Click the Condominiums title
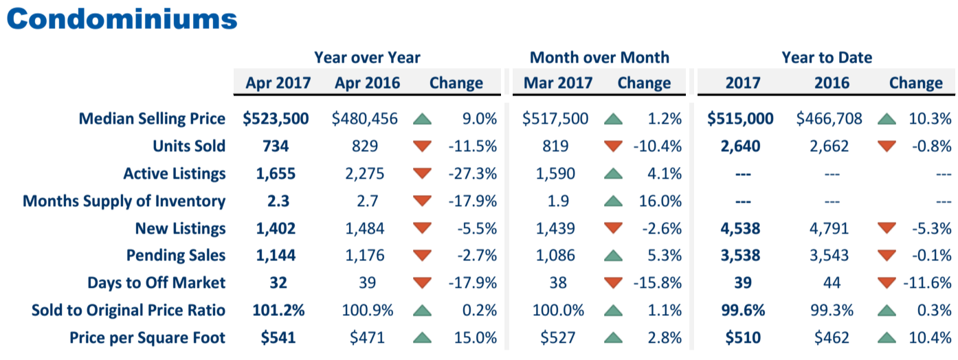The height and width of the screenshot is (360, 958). point(122,19)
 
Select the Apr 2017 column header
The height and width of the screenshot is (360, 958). point(278,83)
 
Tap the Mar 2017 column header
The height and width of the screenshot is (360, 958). point(557,83)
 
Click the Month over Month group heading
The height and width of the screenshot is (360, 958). point(599,58)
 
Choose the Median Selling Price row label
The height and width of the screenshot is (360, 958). point(152,119)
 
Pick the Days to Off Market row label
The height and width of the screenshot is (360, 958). point(156,282)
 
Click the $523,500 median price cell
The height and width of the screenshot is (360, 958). point(276,119)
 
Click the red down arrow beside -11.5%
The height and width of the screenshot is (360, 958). point(422,146)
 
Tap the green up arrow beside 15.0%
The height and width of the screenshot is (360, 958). point(422,337)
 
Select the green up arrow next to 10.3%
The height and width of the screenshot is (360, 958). point(887,119)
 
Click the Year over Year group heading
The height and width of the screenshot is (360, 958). point(367,58)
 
